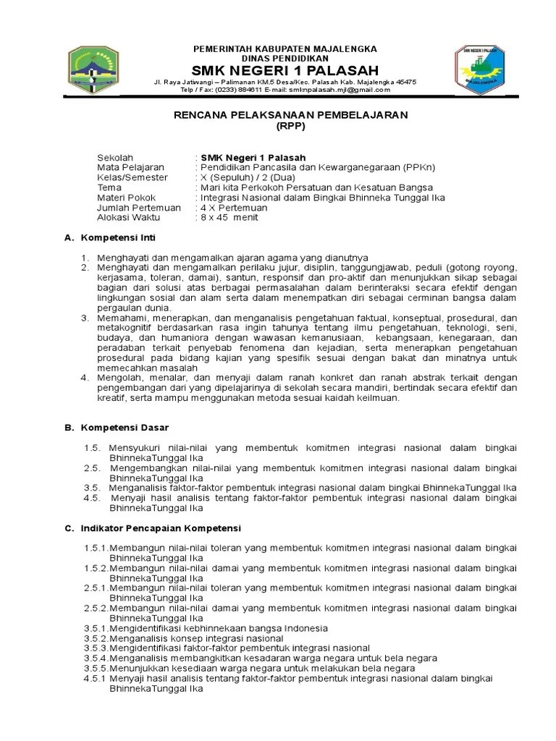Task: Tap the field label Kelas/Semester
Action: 132,177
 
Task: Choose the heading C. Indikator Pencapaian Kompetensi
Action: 153,528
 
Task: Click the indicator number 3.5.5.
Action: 96,668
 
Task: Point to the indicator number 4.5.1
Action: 96,678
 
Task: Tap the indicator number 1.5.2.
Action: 96,568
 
